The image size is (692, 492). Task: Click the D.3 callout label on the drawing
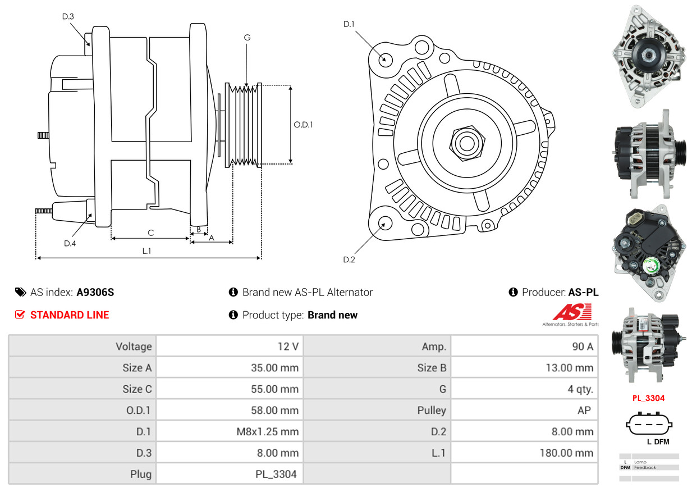click(x=68, y=16)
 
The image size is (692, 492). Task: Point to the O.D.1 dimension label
click(x=303, y=124)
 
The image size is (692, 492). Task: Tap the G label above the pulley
click(x=247, y=38)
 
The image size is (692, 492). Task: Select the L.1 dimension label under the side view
click(x=146, y=251)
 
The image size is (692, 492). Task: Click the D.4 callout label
click(x=70, y=243)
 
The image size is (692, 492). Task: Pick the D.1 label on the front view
click(x=349, y=24)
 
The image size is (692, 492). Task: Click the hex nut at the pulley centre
click(x=465, y=142)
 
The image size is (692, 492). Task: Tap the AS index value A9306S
click(x=95, y=292)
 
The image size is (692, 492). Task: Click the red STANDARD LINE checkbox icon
click(x=20, y=315)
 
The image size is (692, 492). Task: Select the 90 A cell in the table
click(x=582, y=347)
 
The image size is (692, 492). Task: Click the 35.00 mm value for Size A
click(x=274, y=368)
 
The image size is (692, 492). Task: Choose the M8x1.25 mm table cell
click(x=267, y=432)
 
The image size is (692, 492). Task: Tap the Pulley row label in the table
click(x=432, y=410)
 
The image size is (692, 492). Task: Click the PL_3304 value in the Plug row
click(x=276, y=474)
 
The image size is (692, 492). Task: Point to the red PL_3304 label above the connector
click(x=648, y=398)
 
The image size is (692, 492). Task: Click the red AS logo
click(x=572, y=312)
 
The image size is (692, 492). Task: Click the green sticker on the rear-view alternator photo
click(x=651, y=266)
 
